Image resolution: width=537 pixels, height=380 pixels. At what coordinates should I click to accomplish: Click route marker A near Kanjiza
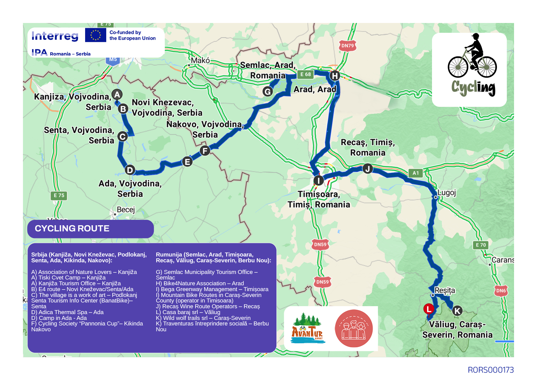pos(117,94)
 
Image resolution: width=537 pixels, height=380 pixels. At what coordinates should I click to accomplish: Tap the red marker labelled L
pos(429,309)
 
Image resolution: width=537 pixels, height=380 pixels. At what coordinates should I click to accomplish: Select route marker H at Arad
pos(335,76)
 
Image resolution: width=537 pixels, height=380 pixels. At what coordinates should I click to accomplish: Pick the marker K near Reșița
pos(457,311)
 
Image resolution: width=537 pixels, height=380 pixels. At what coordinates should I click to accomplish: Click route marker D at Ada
pos(130,170)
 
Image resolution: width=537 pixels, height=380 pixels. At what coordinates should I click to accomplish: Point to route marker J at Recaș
pos(367,169)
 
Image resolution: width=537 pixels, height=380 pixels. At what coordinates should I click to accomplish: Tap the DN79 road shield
pos(347,46)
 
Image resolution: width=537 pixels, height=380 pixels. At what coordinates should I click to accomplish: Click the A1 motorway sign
pos(415,173)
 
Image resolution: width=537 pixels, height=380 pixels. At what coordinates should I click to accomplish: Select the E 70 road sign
pos(481,245)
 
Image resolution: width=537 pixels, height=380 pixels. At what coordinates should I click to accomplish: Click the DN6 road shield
pos(501,291)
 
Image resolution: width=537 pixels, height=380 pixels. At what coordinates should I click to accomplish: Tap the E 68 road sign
pos(305,74)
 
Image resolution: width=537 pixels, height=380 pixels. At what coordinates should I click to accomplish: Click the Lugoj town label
pos(447,193)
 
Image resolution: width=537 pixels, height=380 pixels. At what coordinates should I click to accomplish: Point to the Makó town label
pos(200,60)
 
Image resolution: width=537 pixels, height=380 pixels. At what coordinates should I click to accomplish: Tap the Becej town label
pos(126,210)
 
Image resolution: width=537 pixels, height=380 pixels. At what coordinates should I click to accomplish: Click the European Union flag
pos(96,35)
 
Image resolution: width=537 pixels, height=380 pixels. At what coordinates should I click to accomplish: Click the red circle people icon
pos(354,329)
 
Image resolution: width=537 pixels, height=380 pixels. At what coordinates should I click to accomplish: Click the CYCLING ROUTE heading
pos(72,229)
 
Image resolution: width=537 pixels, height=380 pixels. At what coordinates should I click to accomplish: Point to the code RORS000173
pos(490,370)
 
